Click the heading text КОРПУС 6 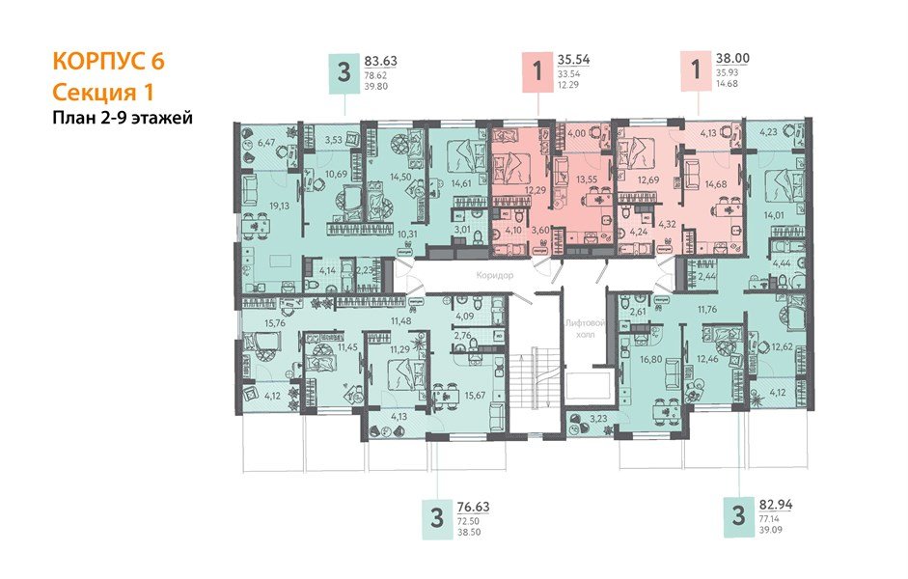click(108, 61)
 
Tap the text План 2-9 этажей click(123, 119)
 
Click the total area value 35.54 click(574, 60)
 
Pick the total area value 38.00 click(732, 58)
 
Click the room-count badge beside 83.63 click(344, 72)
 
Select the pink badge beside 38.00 click(692, 72)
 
